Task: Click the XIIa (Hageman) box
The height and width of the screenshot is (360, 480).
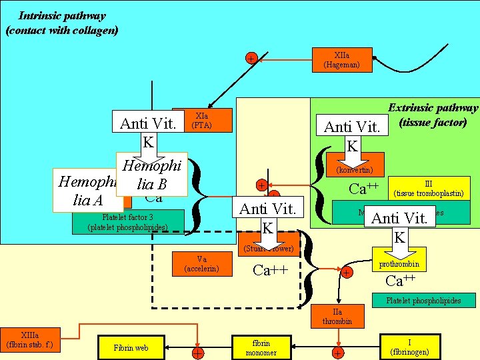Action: (x=341, y=61)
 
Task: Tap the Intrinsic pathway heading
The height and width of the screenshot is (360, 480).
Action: (x=61, y=23)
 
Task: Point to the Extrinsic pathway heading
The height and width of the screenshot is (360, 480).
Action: (x=433, y=115)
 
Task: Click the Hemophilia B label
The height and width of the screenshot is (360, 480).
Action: (x=153, y=174)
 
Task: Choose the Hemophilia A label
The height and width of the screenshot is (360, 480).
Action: (x=87, y=191)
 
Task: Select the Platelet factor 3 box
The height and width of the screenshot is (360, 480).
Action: (x=127, y=221)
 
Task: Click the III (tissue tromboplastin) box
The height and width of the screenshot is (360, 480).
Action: (x=429, y=189)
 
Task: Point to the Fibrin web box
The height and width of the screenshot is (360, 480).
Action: (x=131, y=347)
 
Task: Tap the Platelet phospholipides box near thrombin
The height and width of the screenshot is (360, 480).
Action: (x=423, y=301)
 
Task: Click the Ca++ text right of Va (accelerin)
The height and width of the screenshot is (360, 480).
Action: (x=271, y=270)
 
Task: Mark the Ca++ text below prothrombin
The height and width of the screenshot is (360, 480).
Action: (x=401, y=281)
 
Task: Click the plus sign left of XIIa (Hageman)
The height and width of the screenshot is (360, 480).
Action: (x=250, y=59)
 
